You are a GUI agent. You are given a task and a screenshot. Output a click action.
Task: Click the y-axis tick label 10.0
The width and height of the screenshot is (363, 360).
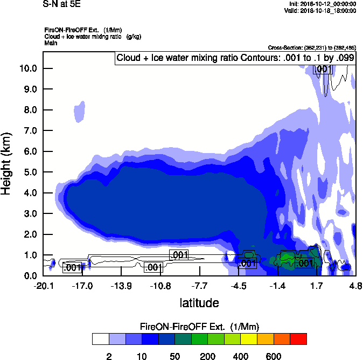click(27, 68)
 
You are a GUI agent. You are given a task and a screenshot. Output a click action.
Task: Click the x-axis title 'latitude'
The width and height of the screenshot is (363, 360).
click(199, 303)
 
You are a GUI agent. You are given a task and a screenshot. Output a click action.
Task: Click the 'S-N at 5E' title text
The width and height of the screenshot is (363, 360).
click(62, 4)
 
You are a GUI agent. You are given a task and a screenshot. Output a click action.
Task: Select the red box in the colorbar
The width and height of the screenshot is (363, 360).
click(298, 339)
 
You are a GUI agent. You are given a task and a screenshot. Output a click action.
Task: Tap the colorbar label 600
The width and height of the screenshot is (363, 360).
click(274, 356)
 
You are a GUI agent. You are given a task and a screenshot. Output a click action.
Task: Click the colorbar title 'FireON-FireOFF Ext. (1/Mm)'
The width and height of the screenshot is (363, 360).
click(200, 327)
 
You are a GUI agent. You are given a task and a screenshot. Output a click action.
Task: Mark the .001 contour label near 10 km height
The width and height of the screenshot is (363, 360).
click(323, 69)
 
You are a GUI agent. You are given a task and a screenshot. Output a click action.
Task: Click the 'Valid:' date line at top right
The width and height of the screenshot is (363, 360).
click(327, 11)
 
